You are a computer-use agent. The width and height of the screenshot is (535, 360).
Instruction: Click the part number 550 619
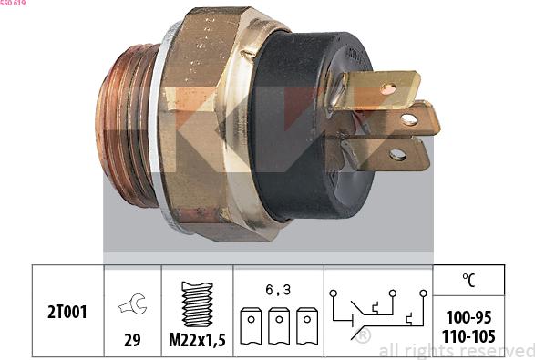click(13, 3)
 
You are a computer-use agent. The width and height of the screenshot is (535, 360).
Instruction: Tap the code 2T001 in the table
click(67, 312)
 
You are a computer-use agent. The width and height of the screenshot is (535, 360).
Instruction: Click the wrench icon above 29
click(133, 303)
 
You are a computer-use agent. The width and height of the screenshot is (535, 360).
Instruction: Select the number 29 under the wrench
click(132, 340)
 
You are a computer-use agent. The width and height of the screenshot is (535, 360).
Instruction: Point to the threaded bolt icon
click(197, 304)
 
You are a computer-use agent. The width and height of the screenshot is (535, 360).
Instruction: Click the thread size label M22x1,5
click(197, 340)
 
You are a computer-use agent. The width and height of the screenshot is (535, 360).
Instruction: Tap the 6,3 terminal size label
click(278, 290)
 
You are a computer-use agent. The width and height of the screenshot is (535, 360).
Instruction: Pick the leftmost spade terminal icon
click(251, 326)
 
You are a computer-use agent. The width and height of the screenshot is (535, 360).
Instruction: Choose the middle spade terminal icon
click(279, 326)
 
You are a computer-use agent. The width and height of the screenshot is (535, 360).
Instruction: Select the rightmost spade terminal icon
click(307, 326)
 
